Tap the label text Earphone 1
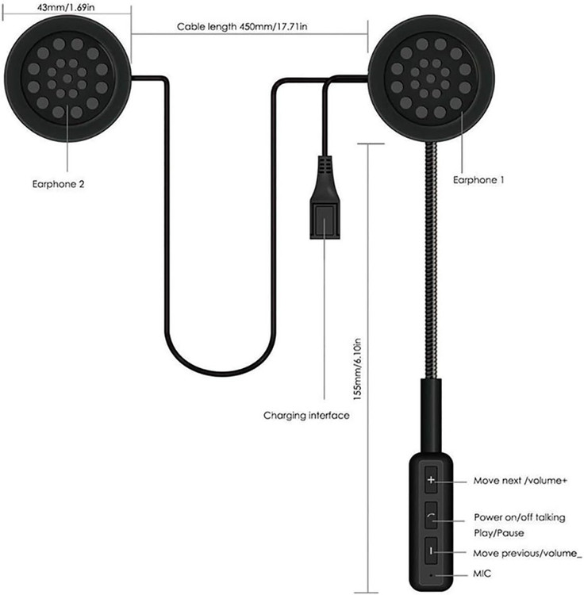[x=478, y=180]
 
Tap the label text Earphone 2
[x=54, y=183]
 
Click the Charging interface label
[x=306, y=415]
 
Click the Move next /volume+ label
[x=521, y=481]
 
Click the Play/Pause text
[x=498, y=532]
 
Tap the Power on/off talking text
[x=520, y=517]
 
